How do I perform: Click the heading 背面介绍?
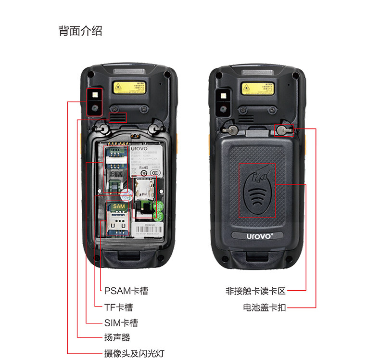(x=80, y=31)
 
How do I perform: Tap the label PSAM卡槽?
(x=126, y=291)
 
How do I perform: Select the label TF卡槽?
(x=118, y=307)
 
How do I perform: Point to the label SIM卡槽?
(x=121, y=323)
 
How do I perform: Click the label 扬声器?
(x=117, y=338)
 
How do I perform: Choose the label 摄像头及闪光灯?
(x=134, y=353)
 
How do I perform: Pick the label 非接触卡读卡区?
(x=255, y=291)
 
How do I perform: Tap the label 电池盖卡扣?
(x=264, y=307)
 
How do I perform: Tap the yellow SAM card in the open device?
(x=118, y=206)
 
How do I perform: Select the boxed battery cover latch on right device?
(x=284, y=129)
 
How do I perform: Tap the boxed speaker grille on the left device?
(x=117, y=117)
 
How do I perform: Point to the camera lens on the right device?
(x=223, y=108)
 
